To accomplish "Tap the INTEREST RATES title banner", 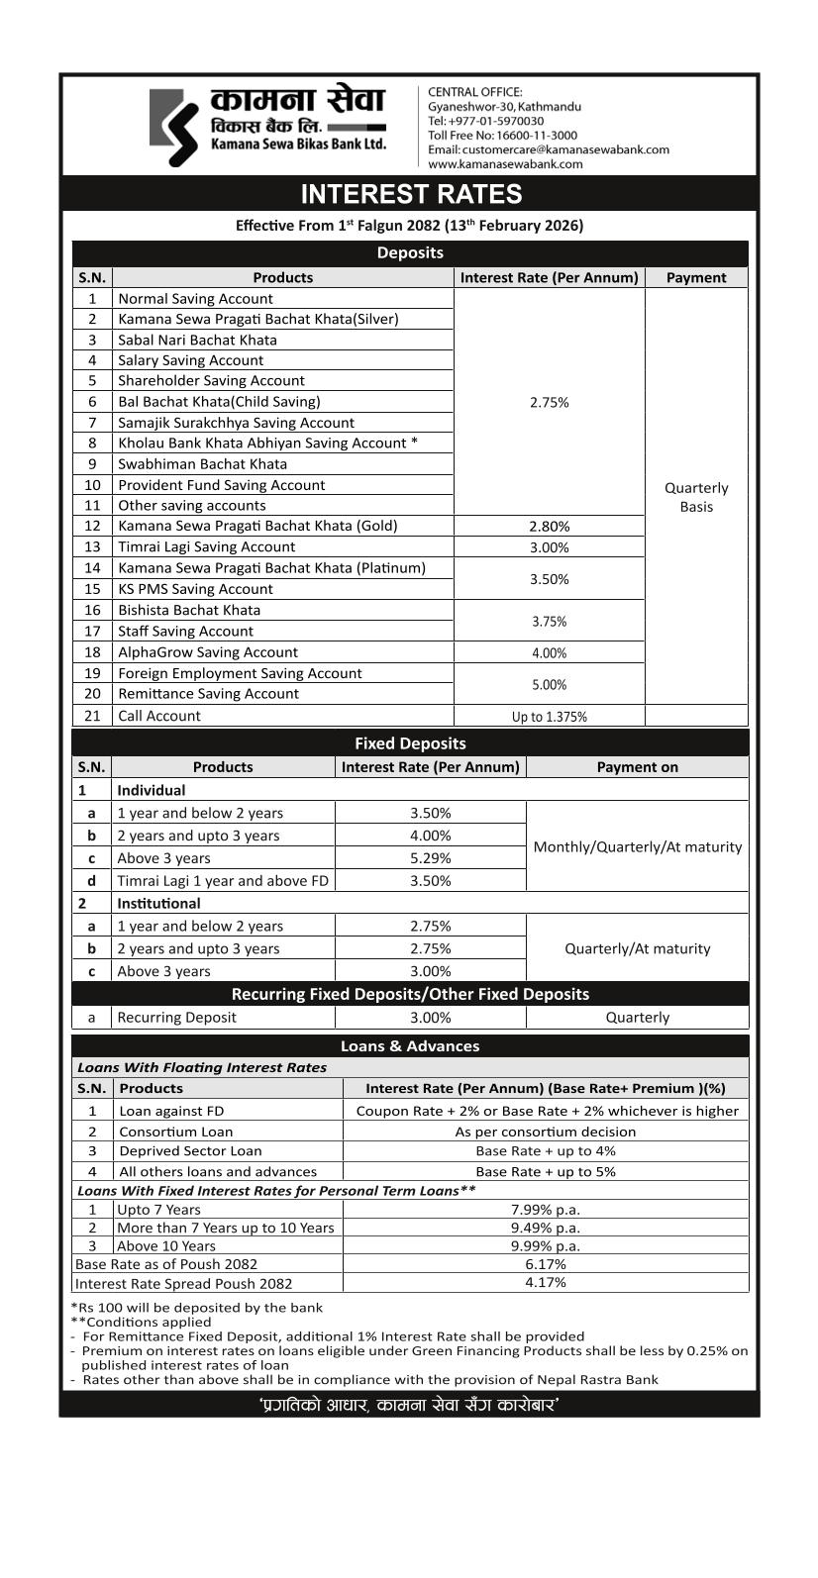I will point(410,194).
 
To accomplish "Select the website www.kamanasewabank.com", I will point(505,164).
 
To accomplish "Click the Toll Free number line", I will point(502,136).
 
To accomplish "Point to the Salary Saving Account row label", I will point(190,360).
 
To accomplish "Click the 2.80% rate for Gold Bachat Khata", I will point(549,527).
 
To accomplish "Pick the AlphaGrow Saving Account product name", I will point(207,652).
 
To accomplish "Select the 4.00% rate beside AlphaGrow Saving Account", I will point(549,653).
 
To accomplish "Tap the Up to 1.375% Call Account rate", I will point(549,717).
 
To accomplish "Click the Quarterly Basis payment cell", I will point(696,497).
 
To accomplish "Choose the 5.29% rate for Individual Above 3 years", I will point(430,858).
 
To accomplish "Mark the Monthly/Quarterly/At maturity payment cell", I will point(637,847).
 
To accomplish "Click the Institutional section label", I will point(158,904).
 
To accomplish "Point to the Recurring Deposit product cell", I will point(176,1018).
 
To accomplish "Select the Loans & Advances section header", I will point(410,1046).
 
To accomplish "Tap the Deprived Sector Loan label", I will point(190,1151).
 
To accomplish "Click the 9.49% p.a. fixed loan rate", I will point(545,1228).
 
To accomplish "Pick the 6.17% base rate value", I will point(545,1264).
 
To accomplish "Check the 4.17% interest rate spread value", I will point(545,1283).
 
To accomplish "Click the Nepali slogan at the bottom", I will point(409,1405).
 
